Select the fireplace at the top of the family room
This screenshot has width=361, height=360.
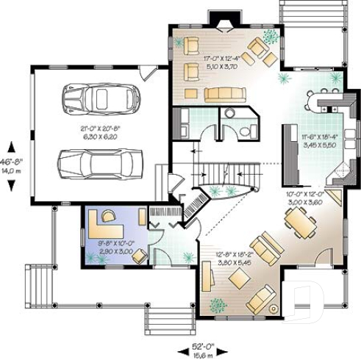[220, 19]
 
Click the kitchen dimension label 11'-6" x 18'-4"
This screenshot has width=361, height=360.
[318, 140]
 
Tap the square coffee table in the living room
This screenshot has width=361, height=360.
[240, 278]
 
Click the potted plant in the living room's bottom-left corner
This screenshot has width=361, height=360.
[218, 303]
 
